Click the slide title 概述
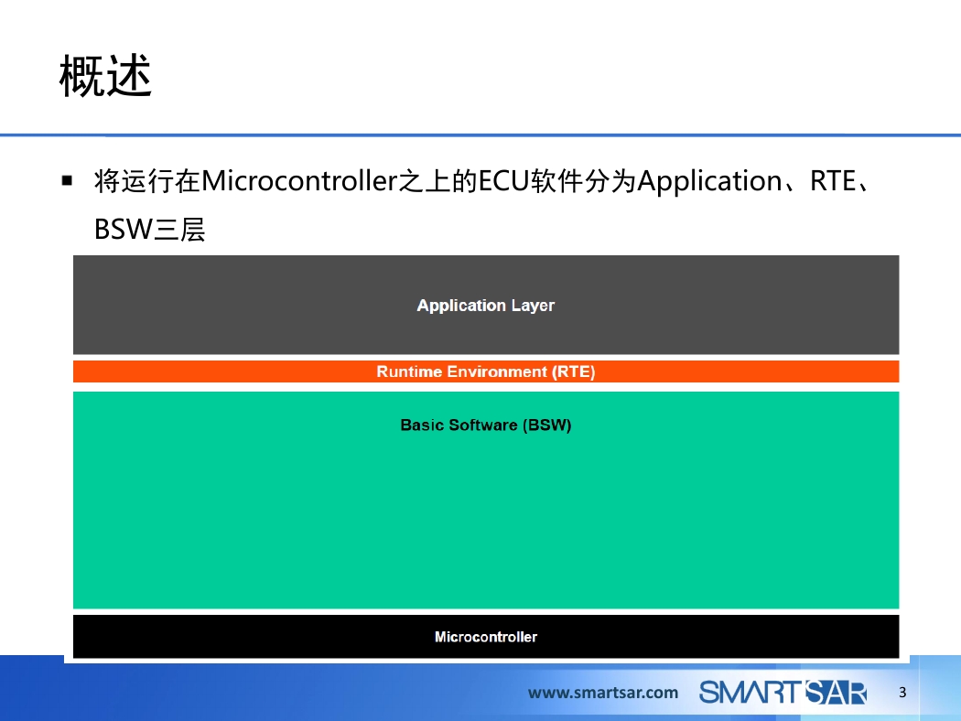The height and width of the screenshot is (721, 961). (105, 75)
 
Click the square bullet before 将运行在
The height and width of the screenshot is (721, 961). (68, 181)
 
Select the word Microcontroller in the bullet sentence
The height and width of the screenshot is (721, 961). (299, 181)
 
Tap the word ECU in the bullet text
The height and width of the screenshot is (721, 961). (503, 181)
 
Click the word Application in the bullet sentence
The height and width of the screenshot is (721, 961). (709, 182)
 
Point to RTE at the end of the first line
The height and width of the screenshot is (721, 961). (833, 181)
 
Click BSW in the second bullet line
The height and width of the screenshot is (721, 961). (124, 230)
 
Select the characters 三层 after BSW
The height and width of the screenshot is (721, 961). (179, 230)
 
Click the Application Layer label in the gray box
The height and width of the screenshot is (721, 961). (485, 306)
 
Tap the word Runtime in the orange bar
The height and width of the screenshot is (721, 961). (409, 371)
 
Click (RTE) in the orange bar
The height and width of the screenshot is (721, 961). (573, 371)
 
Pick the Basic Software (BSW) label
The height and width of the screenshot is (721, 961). (485, 425)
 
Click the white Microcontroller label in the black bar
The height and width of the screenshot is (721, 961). (485, 637)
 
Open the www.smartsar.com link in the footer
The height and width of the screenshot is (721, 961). (603, 693)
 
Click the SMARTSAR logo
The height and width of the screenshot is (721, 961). (783, 693)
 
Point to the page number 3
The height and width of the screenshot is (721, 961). (902, 693)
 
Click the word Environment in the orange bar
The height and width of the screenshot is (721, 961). (496, 371)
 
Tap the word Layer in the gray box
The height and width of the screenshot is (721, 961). (533, 307)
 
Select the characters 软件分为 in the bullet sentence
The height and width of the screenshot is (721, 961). (583, 181)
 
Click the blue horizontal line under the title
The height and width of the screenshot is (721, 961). (480, 135)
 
